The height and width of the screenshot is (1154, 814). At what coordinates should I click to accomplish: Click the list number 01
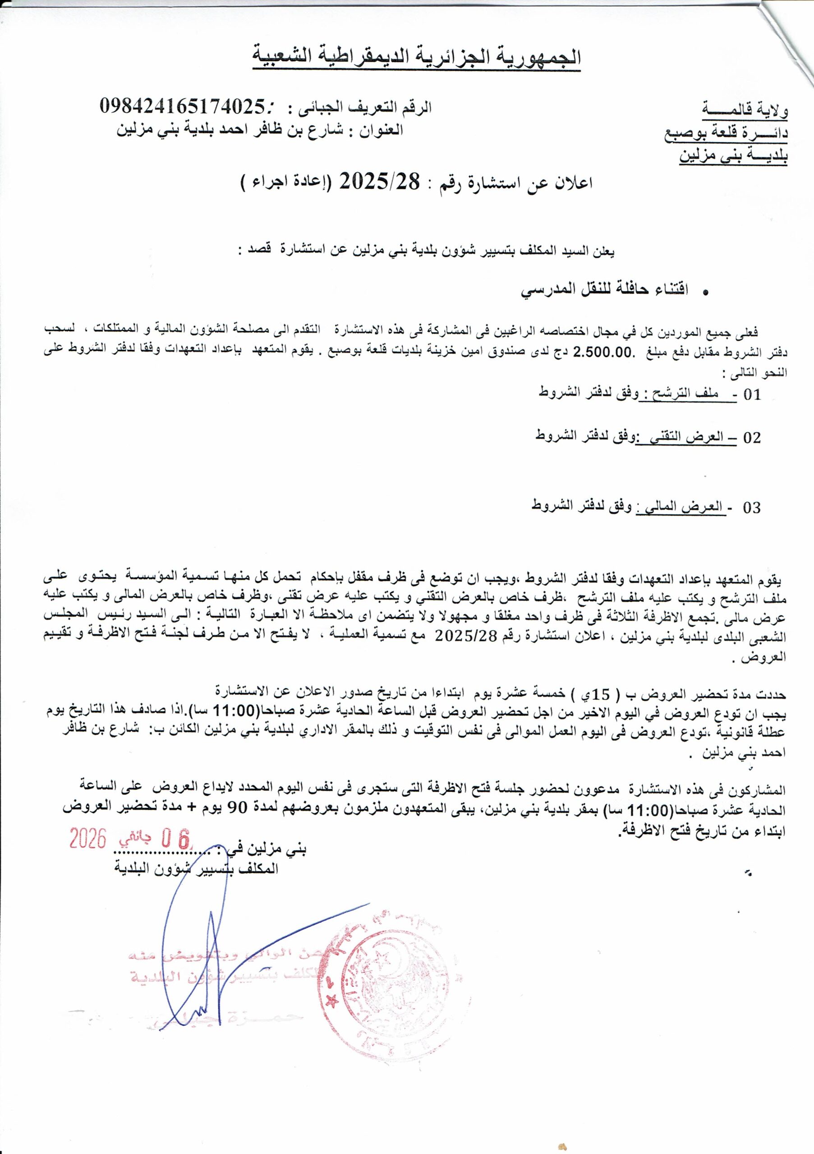coord(753,394)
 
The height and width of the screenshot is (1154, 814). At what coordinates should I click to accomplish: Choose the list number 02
coord(752,438)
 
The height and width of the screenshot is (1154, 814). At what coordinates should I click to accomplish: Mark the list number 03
coord(752,508)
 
